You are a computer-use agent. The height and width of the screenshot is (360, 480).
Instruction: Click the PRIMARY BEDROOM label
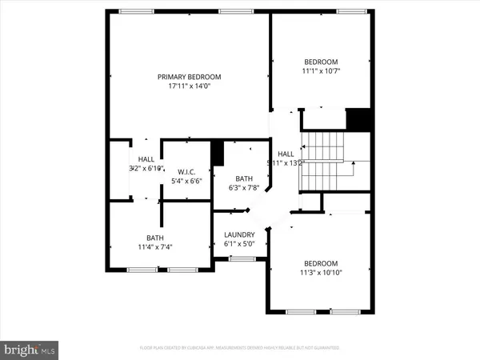[x=189, y=77]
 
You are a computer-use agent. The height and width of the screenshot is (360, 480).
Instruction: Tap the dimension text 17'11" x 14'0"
[x=189, y=86]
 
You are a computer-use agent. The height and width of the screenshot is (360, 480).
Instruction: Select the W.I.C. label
[x=187, y=171]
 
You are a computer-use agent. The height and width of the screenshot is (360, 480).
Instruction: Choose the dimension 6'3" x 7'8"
[x=244, y=188]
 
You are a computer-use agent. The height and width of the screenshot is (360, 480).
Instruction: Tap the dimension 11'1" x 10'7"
[x=321, y=71]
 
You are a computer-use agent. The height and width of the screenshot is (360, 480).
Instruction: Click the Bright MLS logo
[x=30, y=349]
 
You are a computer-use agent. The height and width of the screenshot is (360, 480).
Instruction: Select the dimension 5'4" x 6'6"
[x=187, y=181]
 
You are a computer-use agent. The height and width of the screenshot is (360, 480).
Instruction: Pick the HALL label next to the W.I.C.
[x=146, y=159]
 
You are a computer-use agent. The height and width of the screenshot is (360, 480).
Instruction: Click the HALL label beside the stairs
[x=286, y=154]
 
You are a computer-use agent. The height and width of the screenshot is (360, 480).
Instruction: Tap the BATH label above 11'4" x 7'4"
[x=155, y=237]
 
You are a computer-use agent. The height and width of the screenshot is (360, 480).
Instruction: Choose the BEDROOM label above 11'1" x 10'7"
[x=321, y=62]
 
